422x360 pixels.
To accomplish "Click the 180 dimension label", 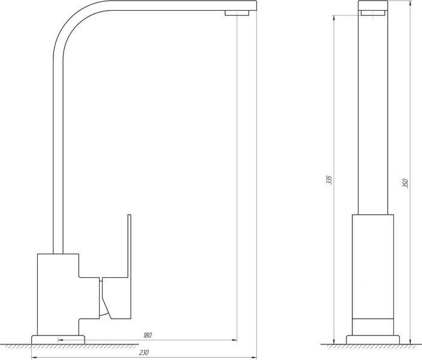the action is [x=148, y=335].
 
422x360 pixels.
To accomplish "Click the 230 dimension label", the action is [x=144, y=352].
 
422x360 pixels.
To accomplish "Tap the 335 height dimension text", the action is [x=329, y=180].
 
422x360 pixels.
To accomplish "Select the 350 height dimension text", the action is [x=405, y=183].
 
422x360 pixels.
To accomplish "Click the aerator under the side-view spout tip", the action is [x=237, y=13].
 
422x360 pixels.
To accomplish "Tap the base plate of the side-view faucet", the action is [x=58, y=340].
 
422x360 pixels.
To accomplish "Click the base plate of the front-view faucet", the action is [x=373, y=340].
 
